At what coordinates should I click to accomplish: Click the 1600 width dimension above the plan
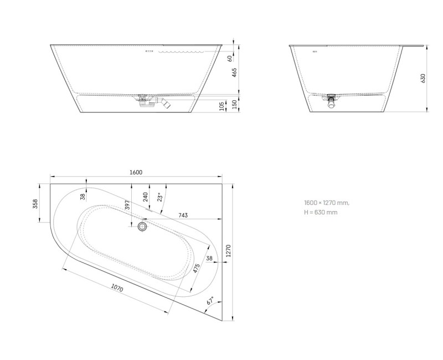coord(136,172)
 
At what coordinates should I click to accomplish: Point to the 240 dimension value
coord(145,197)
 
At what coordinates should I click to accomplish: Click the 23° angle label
coord(159,197)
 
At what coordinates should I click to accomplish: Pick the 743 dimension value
coord(184,215)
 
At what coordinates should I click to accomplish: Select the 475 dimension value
coord(196,270)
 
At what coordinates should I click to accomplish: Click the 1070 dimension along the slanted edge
coord(116,289)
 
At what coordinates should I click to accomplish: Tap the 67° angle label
coord(210,302)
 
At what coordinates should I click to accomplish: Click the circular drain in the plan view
coord(143,226)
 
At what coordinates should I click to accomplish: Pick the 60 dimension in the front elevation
coord(229,58)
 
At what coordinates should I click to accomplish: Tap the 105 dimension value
coord(222,105)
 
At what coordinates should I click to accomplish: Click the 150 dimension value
coord(234,104)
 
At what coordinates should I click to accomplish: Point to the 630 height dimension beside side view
coord(424,78)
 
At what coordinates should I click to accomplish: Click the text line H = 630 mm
coord(321,212)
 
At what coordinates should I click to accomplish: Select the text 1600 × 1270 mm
coord(327,203)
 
